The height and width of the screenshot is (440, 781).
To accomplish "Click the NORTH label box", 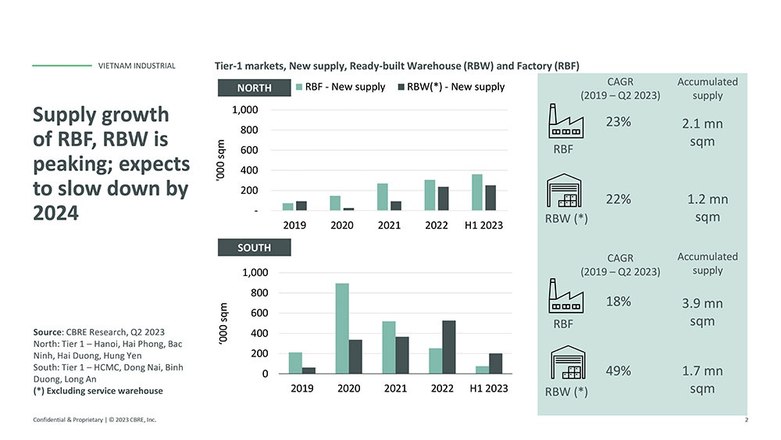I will pos(255,88).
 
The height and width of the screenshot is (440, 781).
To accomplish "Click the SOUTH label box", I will pos(255,248).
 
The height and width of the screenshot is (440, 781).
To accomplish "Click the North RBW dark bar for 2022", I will pos(442,199).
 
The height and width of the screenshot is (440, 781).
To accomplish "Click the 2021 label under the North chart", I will pos(389,225).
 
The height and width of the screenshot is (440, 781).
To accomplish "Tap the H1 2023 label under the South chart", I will pos(487,388).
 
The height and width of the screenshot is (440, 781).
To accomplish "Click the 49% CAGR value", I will pos(619,370).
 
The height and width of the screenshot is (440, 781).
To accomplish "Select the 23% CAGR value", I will pos(619,123).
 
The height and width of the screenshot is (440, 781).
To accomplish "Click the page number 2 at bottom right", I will pos(747,420).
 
